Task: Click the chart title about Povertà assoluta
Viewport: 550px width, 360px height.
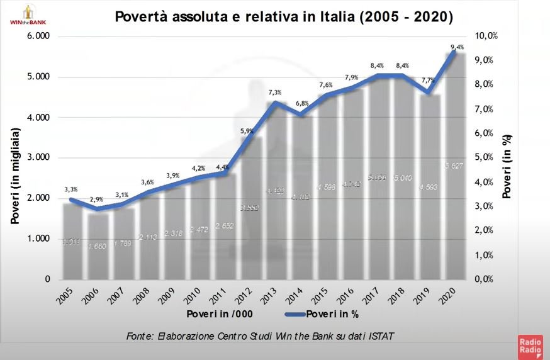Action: pos(284,16)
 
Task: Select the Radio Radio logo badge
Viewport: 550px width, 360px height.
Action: pos(529,347)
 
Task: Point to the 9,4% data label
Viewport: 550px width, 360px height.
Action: pos(457,47)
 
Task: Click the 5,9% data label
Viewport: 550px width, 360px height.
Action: pos(247,131)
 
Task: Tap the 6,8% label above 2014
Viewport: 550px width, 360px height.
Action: pos(301,103)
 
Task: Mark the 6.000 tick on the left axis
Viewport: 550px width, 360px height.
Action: pos(38,36)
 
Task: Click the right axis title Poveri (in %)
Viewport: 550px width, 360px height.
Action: pos(507,167)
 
